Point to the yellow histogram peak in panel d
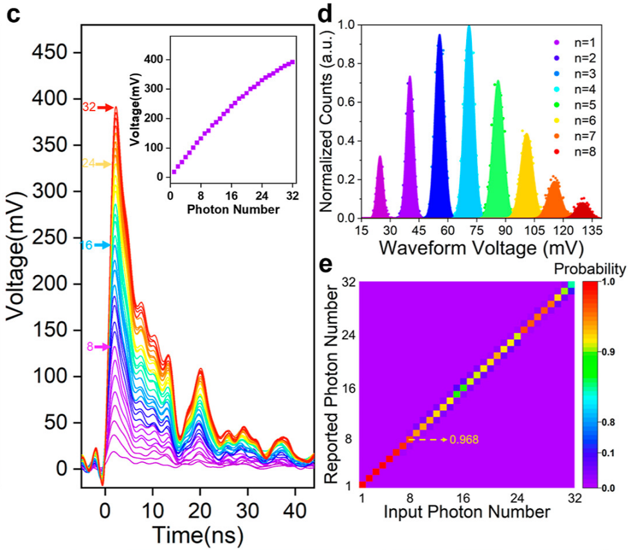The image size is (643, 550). pos(527,135)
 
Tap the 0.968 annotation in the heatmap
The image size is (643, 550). pos(464,440)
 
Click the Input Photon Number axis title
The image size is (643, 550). pos(467,512)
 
